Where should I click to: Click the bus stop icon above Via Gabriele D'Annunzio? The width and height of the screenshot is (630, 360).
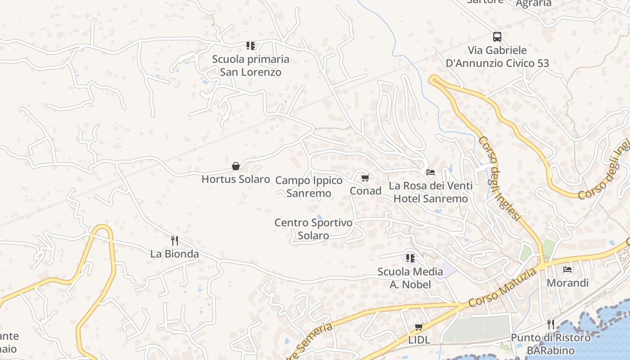497,37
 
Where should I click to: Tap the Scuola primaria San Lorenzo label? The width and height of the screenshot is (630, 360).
251,66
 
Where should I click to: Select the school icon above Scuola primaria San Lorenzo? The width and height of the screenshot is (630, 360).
251,45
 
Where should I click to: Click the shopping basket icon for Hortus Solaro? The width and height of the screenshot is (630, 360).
235,166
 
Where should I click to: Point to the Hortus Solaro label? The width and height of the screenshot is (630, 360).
235,179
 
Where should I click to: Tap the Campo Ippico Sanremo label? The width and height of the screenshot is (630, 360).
309,187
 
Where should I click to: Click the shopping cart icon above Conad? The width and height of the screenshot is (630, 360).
365,178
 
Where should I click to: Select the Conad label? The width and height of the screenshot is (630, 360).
365,191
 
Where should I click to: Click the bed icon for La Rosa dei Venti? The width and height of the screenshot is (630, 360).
431,172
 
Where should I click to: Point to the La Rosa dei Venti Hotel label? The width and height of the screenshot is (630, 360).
431,192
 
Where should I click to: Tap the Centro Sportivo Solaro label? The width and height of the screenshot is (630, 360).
313,229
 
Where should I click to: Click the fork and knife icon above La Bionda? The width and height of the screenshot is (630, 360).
175,241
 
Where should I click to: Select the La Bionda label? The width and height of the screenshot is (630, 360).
175,254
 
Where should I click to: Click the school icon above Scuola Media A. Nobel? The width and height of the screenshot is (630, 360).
410,258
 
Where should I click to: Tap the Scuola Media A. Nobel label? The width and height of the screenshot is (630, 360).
410,278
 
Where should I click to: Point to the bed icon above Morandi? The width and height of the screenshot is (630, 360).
567,270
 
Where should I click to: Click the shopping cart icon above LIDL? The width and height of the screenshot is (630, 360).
419,327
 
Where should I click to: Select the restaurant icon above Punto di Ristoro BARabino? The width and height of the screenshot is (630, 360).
551,324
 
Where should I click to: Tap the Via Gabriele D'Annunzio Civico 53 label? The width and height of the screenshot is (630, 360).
497,57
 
